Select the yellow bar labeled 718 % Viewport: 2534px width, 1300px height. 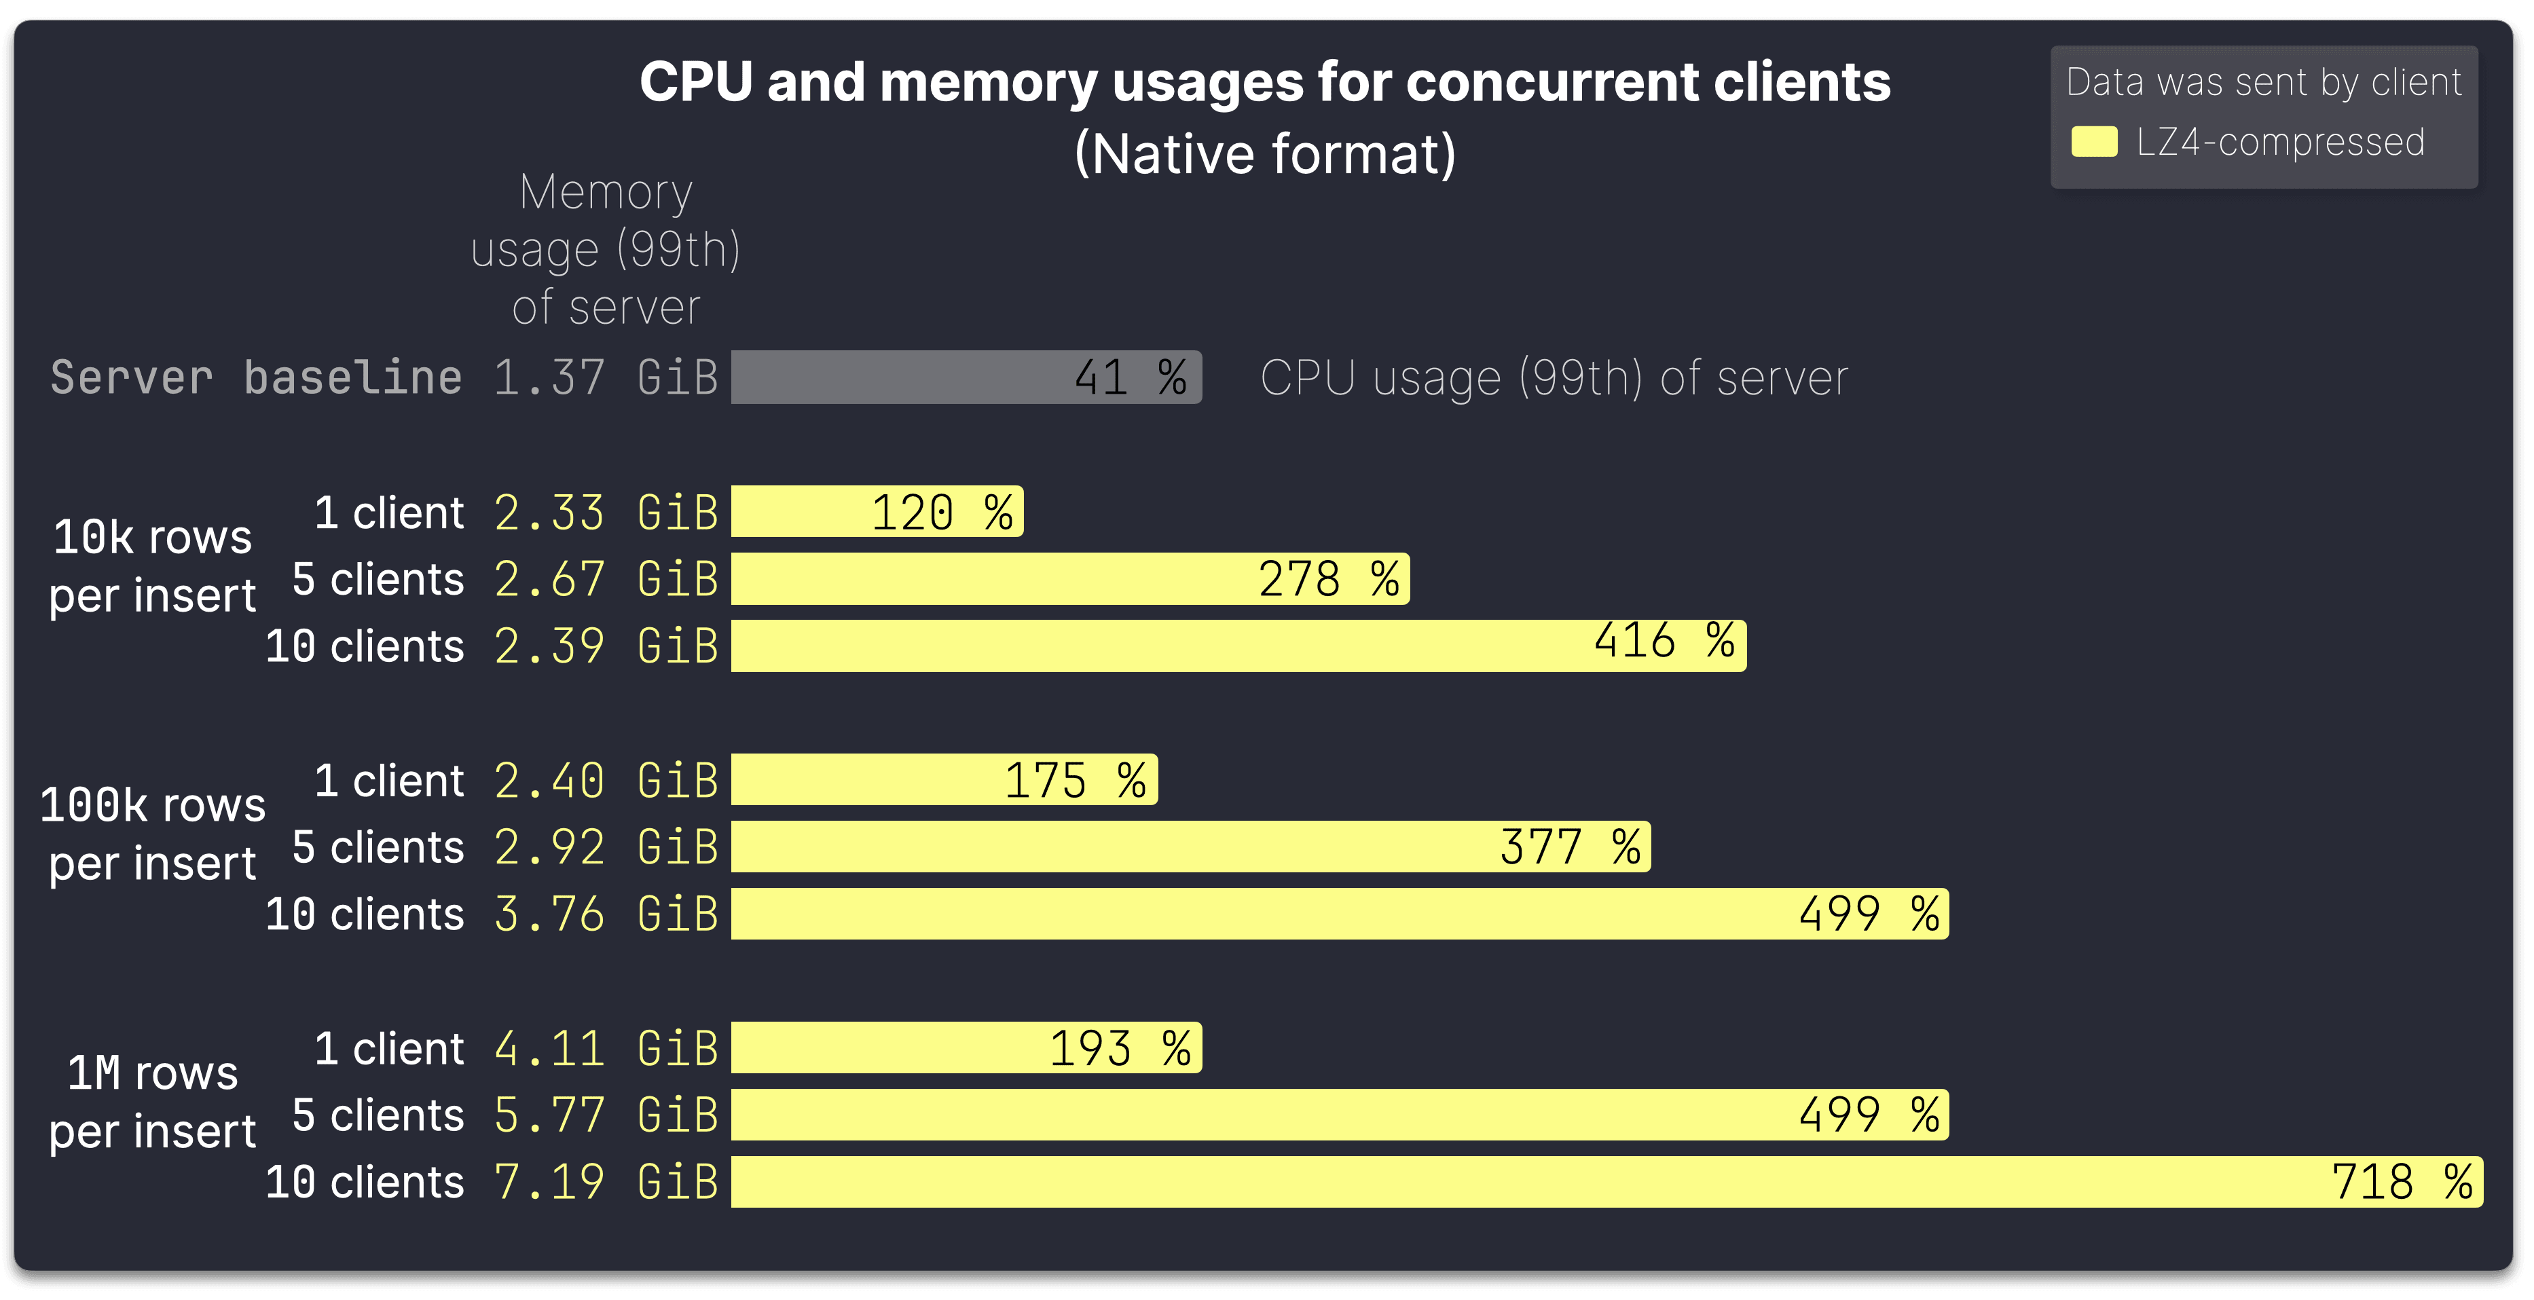click(1606, 1181)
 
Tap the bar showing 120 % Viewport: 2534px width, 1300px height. click(877, 511)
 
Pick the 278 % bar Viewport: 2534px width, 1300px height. click(1069, 578)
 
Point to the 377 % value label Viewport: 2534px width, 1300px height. click(1570, 847)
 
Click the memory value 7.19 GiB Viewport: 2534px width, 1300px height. click(605, 1181)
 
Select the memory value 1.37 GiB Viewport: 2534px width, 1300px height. click(605, 377)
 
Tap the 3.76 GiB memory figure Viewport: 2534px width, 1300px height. click(605, 914)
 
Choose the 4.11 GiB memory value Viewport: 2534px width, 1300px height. click(605, 1048)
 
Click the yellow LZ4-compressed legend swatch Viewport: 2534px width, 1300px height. click(2093, 142)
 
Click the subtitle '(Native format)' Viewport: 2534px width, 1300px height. click(1264, 153)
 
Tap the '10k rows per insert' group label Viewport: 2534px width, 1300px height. click(153, 565)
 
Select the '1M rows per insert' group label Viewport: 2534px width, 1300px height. click(153, 1101)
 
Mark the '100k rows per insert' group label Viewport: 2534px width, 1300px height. click(153, 834)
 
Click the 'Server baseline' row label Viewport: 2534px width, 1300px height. click(256, 377)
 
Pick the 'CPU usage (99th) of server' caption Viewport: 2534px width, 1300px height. click(1554, 377)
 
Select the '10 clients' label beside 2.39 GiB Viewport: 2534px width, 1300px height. click(364, 646)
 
